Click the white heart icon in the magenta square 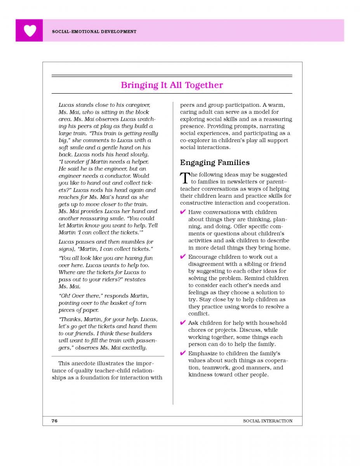pos(30,30)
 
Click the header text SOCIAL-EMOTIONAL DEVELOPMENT pos(94,31)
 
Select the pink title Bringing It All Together pos(172,85)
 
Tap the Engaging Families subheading pos(214,162)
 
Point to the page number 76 pos(54,421)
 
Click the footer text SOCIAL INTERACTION pos(268,421)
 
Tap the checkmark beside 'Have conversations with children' pos(183,212)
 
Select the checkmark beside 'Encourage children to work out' pos(183,257)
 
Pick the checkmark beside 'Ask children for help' pos(183,323)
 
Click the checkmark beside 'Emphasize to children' pos(183,353)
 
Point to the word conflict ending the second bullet pos(198,314)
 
